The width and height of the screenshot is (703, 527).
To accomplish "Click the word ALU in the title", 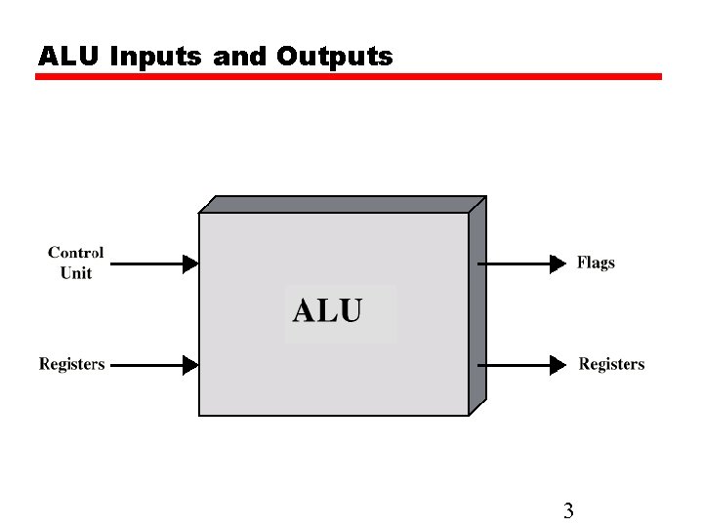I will [x=69, y=57].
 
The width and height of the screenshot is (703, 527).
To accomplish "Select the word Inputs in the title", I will [x=157, y=57].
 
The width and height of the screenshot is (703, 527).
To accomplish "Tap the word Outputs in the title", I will [x=334, y=57].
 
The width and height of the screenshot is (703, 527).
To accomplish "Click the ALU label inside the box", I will [x=328, y=311].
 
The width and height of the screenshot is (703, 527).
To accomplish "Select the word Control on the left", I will [x=75, y=253].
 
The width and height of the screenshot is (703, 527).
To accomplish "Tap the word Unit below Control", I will [x=76, y=273].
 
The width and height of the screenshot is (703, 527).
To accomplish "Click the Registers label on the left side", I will [x=71, y=364].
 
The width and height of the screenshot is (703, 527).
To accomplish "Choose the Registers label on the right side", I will [x=611, y=364].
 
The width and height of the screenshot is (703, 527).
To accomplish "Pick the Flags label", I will [x=596, y=263].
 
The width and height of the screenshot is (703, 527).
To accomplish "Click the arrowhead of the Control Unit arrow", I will [x=190, y=263].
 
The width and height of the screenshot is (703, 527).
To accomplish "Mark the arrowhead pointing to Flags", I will [x=558, y=263].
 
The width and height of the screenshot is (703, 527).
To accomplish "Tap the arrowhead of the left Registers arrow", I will [x=190, y=365].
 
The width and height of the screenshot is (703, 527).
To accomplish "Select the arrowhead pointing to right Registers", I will [x=558, y=365].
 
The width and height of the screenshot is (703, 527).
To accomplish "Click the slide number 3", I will [x=568, y=510].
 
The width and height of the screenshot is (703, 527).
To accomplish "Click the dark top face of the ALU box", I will [x=342, y=205].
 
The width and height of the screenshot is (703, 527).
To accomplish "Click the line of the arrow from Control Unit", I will [x=146, y=263].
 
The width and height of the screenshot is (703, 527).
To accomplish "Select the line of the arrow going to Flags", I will [x=517, y=263].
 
